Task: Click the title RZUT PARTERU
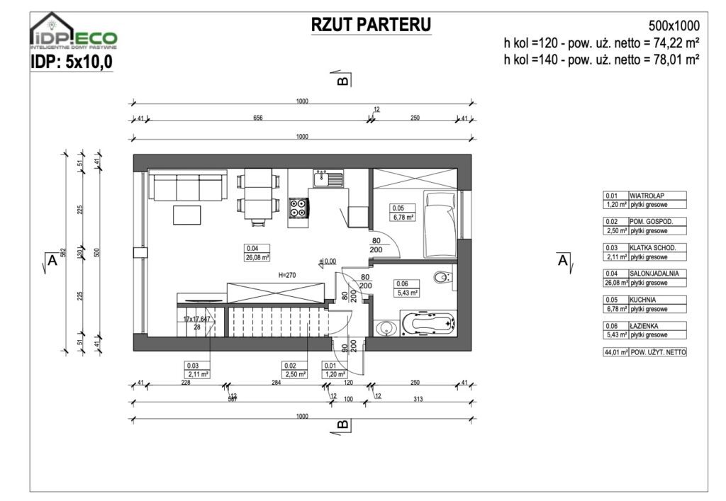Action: click(371, 25)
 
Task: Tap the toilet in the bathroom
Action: click(442, 276)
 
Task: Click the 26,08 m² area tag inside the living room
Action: click(255, 257)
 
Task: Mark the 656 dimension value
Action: click(258, 118)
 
